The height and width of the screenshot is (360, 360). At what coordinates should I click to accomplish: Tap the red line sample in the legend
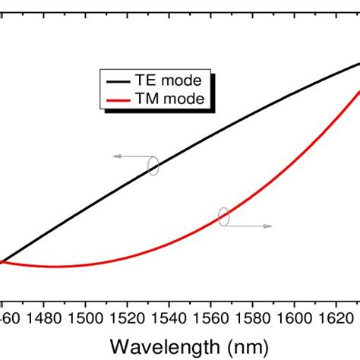(x=120, y=99)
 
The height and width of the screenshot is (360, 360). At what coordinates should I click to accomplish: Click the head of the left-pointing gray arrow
(x=116, y=156)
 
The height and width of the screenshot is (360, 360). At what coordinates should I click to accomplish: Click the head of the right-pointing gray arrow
(x=270, y=226)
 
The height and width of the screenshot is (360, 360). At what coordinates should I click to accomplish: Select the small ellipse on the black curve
(x=153, y=166)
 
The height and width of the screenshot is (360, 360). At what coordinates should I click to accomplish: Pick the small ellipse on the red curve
(x=223, y=216)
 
